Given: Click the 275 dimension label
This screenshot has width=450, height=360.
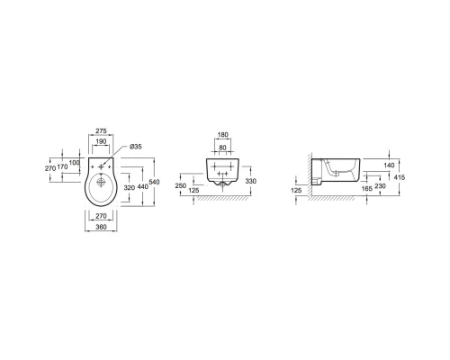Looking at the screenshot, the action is point(101,131).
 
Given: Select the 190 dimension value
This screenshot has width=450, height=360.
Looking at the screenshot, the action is point(101,141).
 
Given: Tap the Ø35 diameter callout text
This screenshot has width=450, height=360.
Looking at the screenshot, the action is point(136,147).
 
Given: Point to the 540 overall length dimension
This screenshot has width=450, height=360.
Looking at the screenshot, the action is point(154,182).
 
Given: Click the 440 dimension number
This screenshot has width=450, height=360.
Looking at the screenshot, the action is point(143,186).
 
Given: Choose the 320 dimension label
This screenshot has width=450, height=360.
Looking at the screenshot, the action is point(130,188).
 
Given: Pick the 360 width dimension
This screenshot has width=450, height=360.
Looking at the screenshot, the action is point(101,227).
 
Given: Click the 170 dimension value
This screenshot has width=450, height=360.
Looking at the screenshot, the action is point(62,166).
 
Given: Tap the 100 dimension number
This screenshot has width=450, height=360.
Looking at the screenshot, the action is point(75,163).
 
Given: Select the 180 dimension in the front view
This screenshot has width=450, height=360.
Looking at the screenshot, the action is point(222,135).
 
